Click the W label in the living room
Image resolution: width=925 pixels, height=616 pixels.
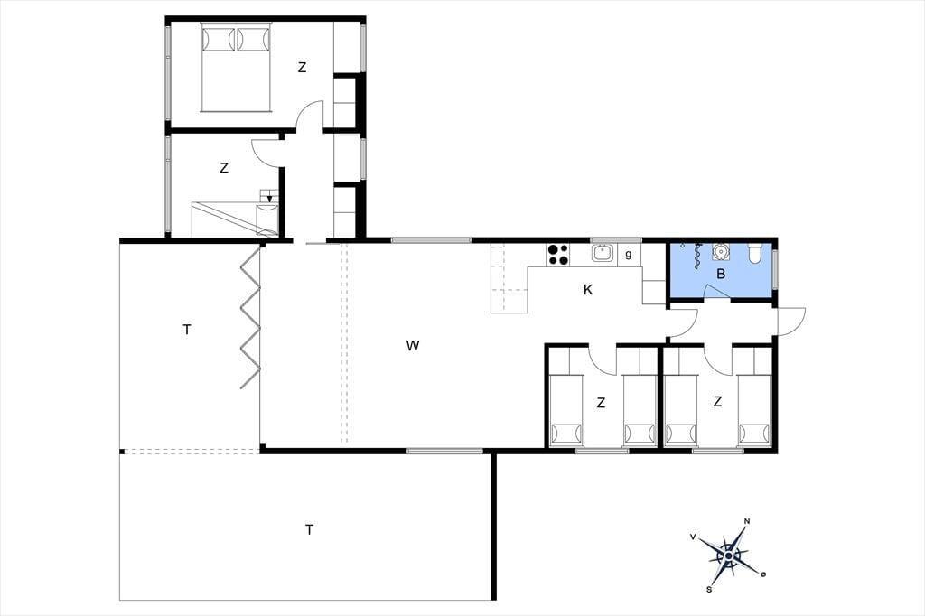point(412,346)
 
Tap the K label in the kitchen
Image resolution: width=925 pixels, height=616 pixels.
point(587,290)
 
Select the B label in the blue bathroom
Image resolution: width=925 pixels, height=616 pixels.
point(720,274)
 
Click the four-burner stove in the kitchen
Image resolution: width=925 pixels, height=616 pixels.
point(557,255)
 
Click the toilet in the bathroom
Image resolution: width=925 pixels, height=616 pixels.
point(755,253)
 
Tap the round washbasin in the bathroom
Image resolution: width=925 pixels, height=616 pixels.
point(720,252)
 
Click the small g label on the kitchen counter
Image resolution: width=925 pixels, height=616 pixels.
point(629,255)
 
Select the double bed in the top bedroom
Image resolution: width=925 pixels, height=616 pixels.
point(236,67)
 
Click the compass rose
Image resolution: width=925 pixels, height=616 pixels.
point(729,555)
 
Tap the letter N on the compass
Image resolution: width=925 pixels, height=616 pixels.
point(747,521)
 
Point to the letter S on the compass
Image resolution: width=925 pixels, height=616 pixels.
point(709,589)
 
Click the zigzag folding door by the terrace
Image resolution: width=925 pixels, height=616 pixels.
point(250,317)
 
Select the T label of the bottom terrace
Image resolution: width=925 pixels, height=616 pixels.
point(309,530)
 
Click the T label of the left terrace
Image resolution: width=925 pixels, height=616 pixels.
point(186,330)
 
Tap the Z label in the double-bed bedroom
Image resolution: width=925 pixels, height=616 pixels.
point(302,68)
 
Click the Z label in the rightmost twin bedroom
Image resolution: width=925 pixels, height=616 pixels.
point(717,402)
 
